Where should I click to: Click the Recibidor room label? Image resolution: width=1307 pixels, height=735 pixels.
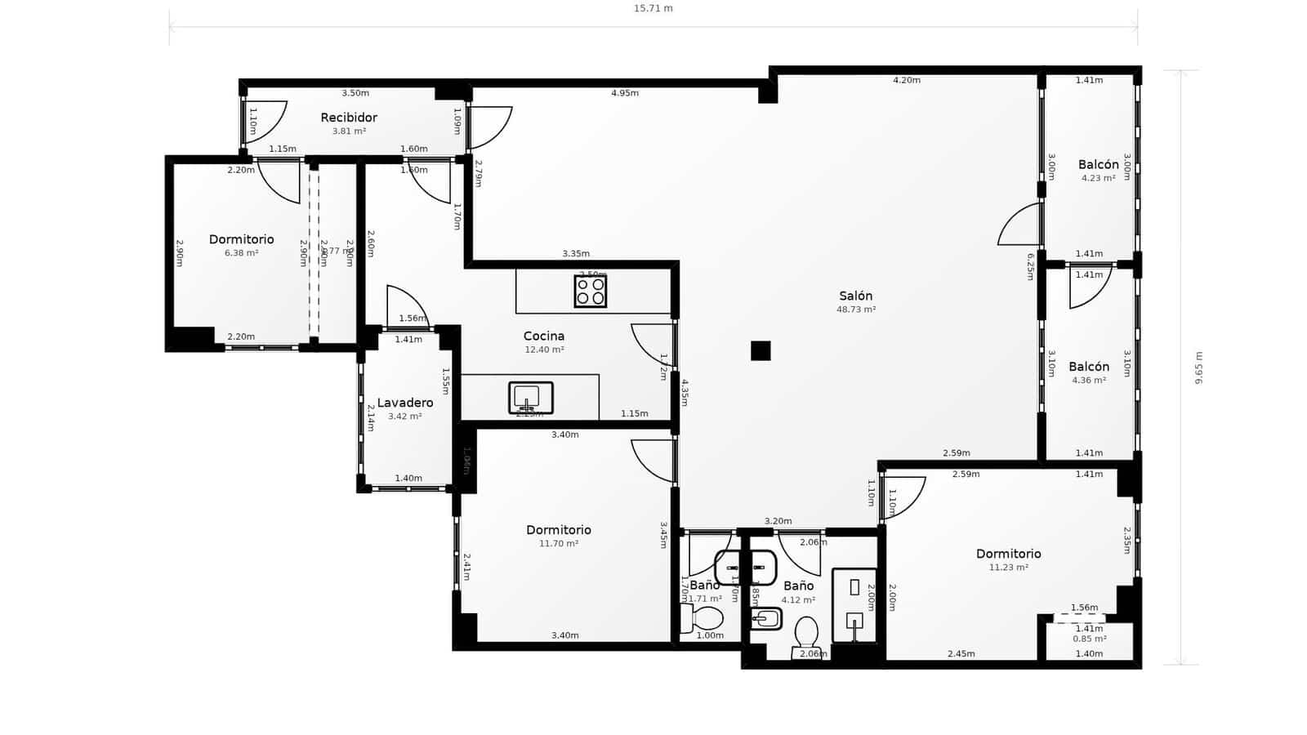click(349, 118)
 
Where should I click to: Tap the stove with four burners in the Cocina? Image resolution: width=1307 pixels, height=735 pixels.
click(591, 292)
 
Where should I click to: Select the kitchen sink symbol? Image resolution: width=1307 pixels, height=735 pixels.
click(531, 398)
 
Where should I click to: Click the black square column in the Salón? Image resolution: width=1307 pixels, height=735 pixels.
click(761, 350)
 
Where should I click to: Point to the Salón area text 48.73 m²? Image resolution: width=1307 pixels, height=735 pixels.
click(856, 310)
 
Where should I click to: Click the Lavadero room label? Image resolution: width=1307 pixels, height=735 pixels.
click(405, 403)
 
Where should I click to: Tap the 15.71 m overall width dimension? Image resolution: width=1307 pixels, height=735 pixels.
click(653, 9)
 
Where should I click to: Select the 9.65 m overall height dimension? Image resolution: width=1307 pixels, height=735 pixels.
click(1199, 367)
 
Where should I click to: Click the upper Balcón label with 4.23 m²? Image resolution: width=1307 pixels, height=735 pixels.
click(1098, 165)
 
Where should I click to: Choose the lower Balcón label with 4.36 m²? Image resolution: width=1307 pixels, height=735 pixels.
click(1089, 367)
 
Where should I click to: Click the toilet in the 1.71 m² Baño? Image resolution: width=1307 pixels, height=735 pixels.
click(704, 619)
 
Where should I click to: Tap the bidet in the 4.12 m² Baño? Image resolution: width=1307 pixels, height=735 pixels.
click(766, 619)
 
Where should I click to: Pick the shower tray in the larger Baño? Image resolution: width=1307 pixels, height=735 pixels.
click(854, 605)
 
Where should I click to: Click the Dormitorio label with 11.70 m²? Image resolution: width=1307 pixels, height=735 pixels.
click(559, 530)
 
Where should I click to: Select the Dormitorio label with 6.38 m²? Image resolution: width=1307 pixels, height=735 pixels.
click(241, 239)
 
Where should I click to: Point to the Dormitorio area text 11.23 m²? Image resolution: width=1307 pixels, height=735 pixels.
click(1008, 568)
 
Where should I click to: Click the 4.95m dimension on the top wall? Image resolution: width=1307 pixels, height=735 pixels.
click(625, 93)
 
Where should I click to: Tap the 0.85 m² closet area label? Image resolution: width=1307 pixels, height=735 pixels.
click(1089, 639)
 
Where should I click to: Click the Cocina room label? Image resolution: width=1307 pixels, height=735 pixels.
click(544, 336)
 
